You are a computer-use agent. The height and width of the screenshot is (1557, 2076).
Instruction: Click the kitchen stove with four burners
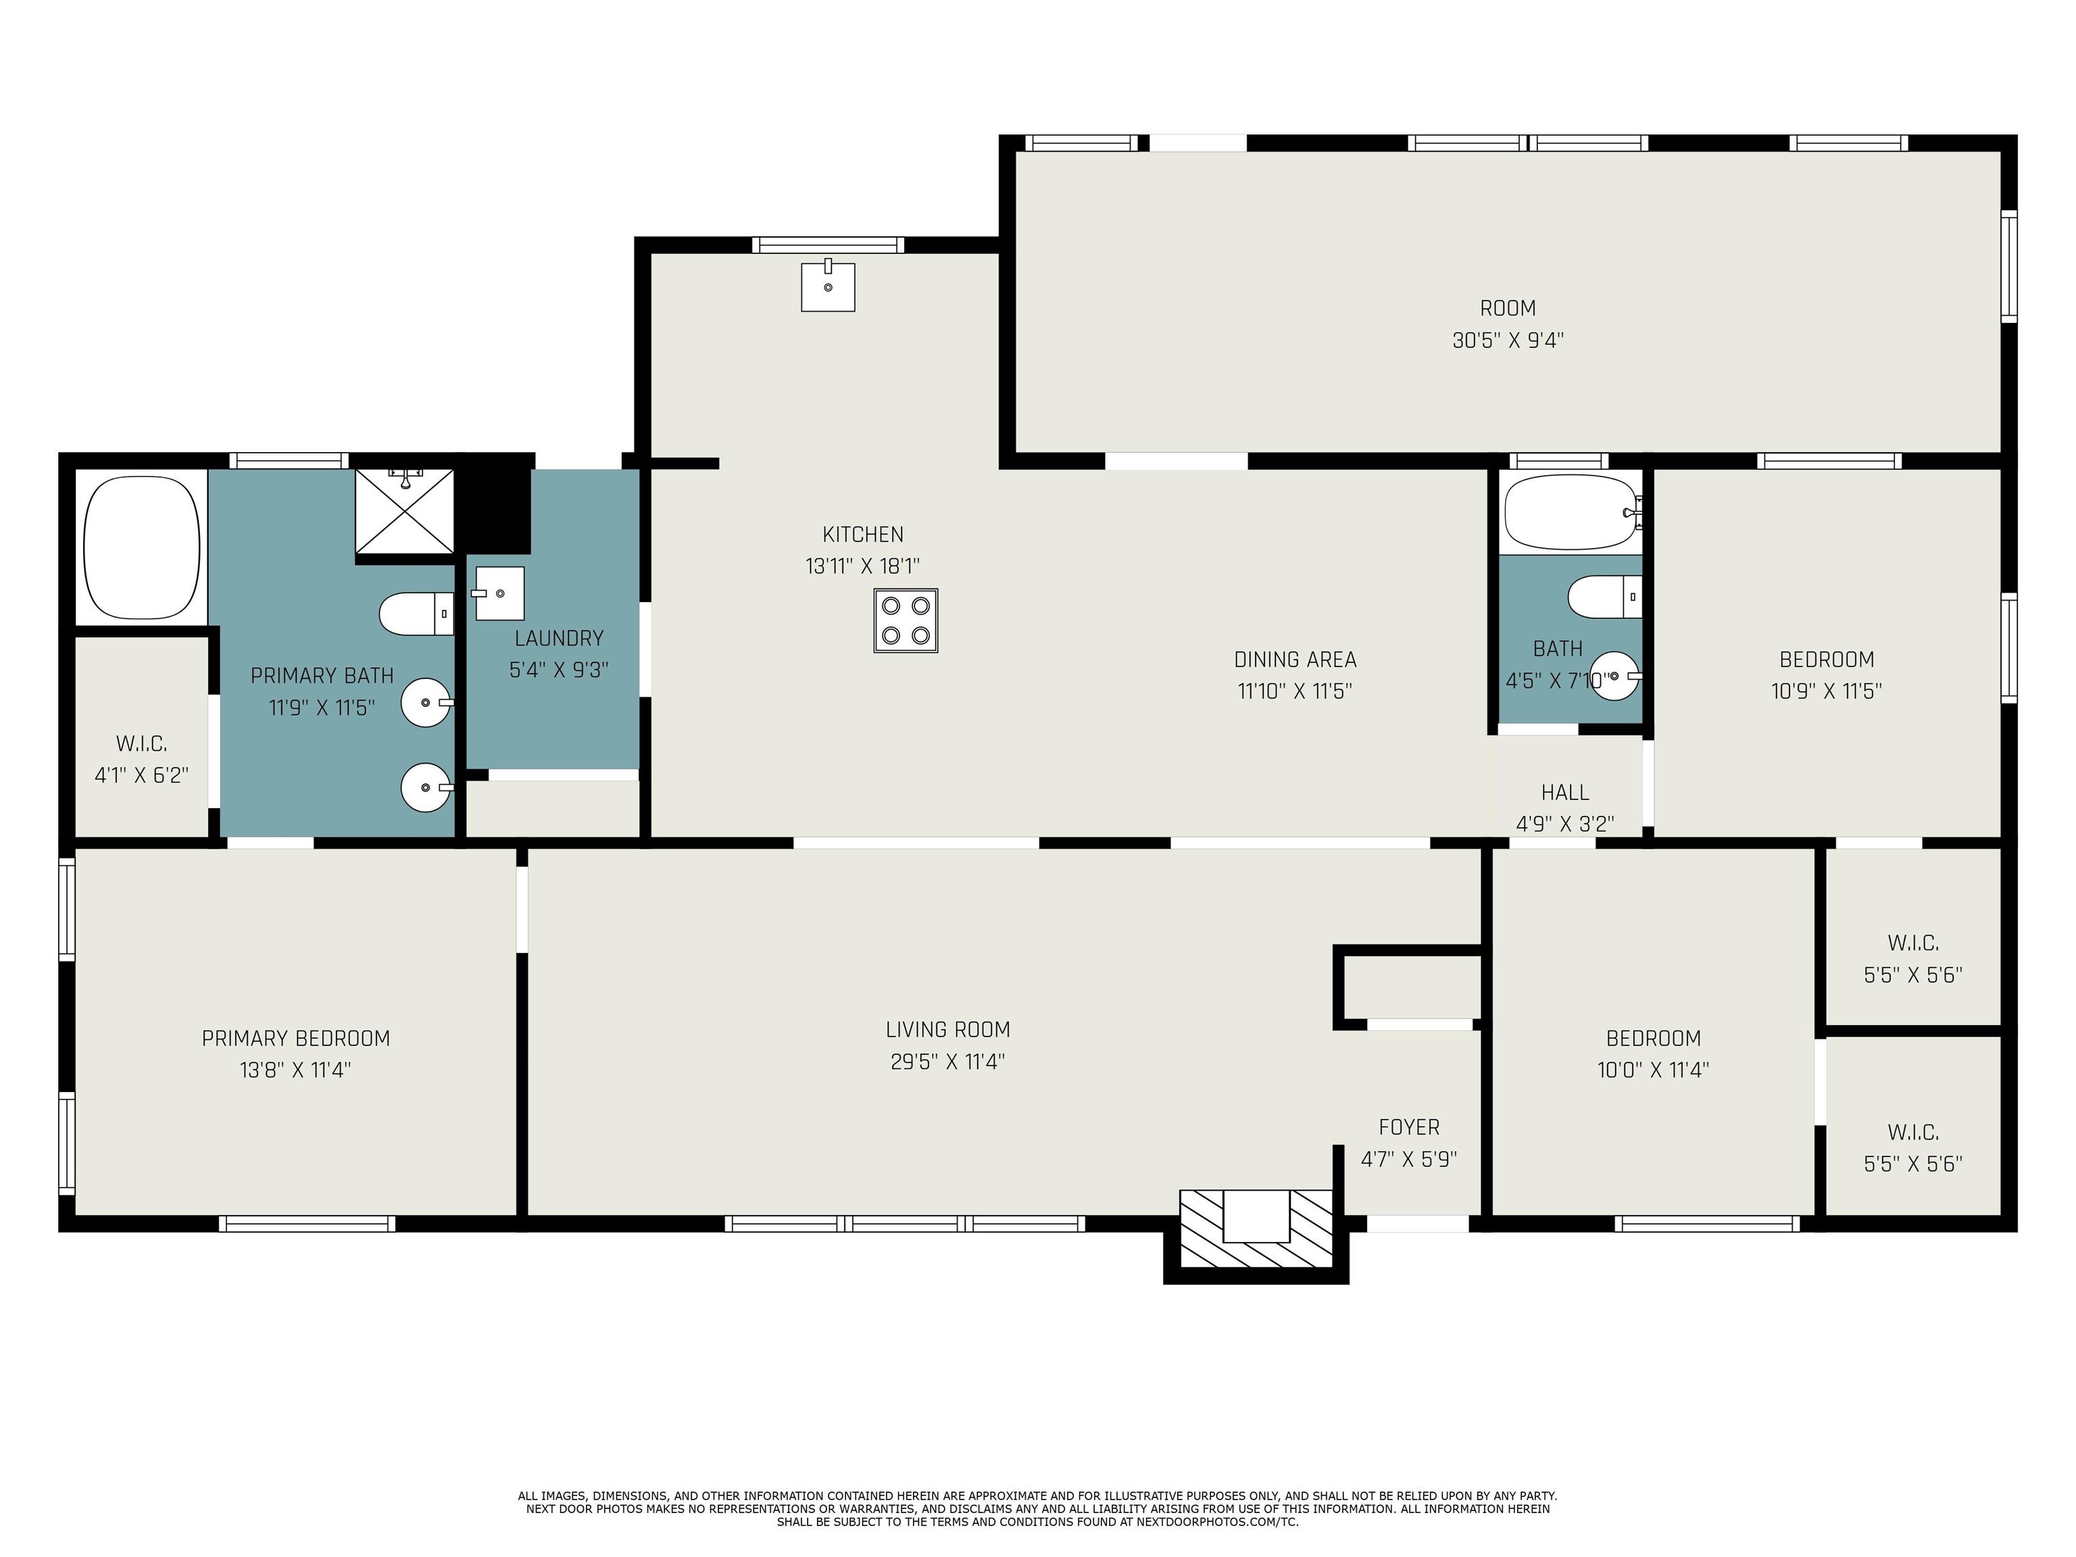(906, 620)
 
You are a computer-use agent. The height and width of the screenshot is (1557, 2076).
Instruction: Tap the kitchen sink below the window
(828, 287)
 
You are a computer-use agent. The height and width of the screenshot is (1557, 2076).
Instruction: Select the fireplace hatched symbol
(1256, 1229)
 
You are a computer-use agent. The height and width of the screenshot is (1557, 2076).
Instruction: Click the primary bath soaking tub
(142, 547)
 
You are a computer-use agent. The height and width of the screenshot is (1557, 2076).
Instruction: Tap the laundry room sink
(499, 593)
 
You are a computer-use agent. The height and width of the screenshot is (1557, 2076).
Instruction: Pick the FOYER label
(1409, 1127)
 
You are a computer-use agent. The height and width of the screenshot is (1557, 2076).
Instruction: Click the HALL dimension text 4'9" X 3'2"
(1564, 824)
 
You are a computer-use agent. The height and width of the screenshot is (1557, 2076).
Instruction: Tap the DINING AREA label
(1295, 660)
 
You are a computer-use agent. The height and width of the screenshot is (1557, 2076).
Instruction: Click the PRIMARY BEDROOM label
(295, 1038)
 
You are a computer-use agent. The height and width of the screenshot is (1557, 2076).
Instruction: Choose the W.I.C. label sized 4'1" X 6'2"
(142, 744)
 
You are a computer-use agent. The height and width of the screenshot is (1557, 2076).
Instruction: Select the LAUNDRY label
(558, 638)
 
